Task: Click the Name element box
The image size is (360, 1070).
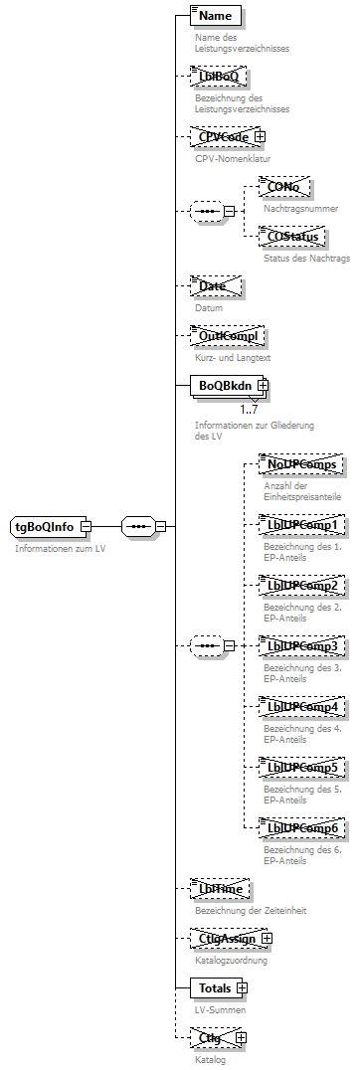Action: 215,16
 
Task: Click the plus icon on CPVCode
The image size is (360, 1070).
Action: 260,136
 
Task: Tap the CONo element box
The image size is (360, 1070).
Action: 283,186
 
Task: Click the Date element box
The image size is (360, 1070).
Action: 214,286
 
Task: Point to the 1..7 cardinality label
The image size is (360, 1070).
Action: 249,407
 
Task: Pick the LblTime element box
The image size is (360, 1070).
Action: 219,888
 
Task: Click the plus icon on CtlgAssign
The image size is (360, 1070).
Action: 266,938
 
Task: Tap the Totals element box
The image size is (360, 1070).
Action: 214,987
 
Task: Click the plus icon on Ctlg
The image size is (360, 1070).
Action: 240,1037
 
